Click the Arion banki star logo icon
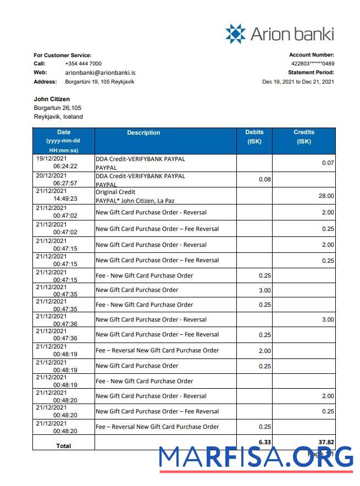point(235,34)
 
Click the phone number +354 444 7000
point(83,64)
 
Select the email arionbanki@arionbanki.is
point(100,73)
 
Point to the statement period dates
point(298,82)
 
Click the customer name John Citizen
point(52,99)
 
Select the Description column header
point(143,132)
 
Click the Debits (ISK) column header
point(254,136)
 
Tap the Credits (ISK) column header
point(304,136)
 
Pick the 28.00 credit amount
point(326,196)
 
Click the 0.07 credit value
point(328,163)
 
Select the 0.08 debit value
point(264,179)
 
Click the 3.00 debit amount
point(264,290)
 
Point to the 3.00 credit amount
point(328,319)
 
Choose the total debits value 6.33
point(264,441)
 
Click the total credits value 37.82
point(325,441)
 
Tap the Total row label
point(64,446)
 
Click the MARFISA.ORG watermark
point(256,458)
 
